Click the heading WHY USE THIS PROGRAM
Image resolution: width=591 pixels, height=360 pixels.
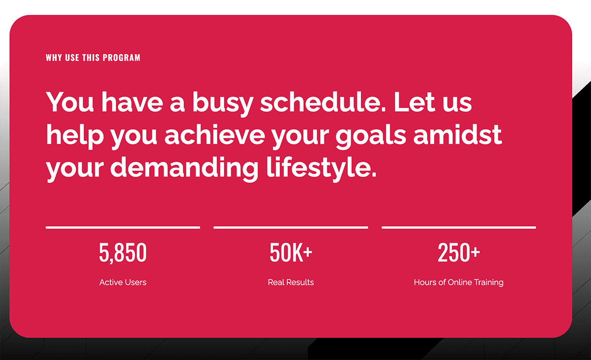click(93, 58)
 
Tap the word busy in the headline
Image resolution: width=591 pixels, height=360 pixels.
click(223, 104)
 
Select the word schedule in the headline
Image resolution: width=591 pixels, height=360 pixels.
click(323, 102)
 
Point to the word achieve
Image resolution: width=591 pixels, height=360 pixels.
click(215, 135)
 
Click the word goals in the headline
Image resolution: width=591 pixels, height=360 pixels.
click(371, 137)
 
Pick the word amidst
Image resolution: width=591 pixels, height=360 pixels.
click(458, 135)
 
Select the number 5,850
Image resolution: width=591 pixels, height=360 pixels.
click(123, 253)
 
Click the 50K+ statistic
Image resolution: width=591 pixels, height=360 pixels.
click(291, 253)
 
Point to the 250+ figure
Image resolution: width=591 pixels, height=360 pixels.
click(459, 253)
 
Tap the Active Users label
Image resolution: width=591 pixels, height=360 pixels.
click(123, 282)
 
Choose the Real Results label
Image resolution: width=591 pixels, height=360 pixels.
click(291, 282)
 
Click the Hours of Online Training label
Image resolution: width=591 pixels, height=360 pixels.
click(459, 283)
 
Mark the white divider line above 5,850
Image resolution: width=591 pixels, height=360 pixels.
click(123, 228)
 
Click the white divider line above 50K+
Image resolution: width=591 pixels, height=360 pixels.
click(291, 228)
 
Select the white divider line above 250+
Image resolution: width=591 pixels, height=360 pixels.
click(459, 228)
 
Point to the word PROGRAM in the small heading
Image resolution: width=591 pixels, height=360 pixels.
click(121, 58)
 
